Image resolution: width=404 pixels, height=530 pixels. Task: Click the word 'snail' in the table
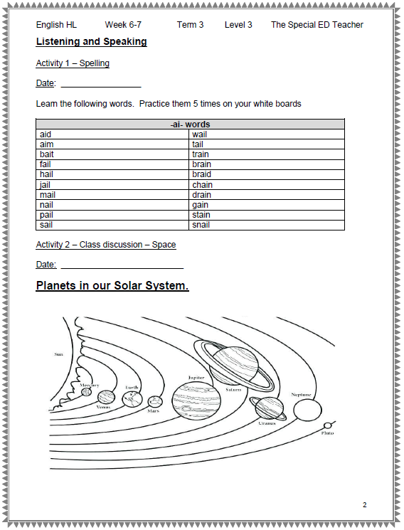(201, 225)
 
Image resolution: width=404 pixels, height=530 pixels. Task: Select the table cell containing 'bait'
(112, 154)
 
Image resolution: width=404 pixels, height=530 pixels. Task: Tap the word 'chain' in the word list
(202, 185)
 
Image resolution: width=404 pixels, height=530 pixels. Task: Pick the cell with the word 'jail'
(112, 185)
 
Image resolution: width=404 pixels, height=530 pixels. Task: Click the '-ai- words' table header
(190, 124)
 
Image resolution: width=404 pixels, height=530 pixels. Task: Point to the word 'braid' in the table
(201, 174)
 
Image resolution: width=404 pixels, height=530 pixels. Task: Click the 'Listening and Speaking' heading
(91, 41)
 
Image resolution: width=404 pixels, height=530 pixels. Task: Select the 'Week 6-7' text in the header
(123, 25)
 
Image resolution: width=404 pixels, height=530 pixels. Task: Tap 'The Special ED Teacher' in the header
(317, 25)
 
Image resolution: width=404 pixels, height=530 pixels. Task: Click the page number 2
(364, 504)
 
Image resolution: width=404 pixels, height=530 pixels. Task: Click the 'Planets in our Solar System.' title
(112, 285)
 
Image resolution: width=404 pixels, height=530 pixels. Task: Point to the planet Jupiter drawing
(196, 401)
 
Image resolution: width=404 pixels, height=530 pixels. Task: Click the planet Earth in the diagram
(132, 399)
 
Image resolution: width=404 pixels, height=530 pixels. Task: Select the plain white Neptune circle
(307, 410)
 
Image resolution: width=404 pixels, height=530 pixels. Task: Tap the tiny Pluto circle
(327, 425)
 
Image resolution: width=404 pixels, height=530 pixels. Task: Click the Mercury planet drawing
(86, 392)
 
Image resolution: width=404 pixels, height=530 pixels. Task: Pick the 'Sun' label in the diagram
(58, 354)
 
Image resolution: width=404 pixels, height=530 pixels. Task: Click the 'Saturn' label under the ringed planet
(233, 390)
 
